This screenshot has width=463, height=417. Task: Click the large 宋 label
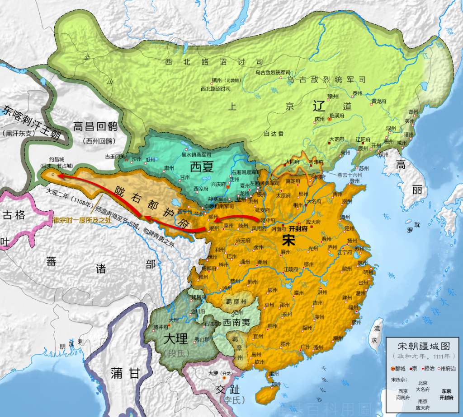click(x=288, y=240)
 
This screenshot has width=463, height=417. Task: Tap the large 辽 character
click(x=319, y=107)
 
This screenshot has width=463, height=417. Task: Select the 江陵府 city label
click(x=291, y=269)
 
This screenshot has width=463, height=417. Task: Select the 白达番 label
click(x=273, y=134)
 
